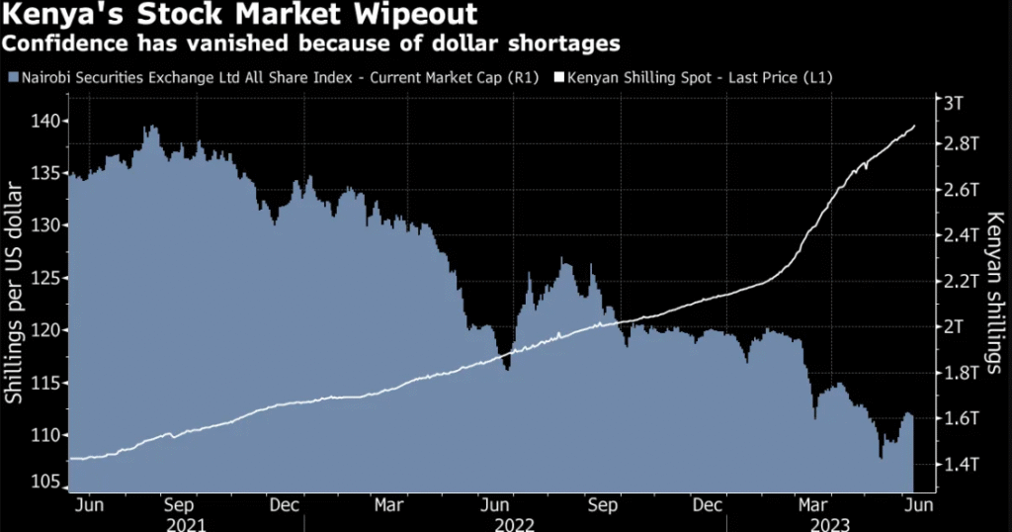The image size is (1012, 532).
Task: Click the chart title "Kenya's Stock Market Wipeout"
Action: pyautogui.click(x=241, y=16)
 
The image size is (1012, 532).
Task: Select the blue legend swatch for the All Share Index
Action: pyautogui.click(x=11, y=77)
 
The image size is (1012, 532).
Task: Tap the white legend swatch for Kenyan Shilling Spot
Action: pyautogui.click(x=557, y=77)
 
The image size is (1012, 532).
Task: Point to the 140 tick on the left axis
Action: pyautogui.click(x=48, y=121)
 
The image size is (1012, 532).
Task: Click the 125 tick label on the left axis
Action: pyautogui.click(x=48, y=278)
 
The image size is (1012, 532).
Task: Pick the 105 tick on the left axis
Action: pyautogui.click(x=48, y=481)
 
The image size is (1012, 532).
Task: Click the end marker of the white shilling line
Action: pyautogui.click(x=913, y=126)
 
